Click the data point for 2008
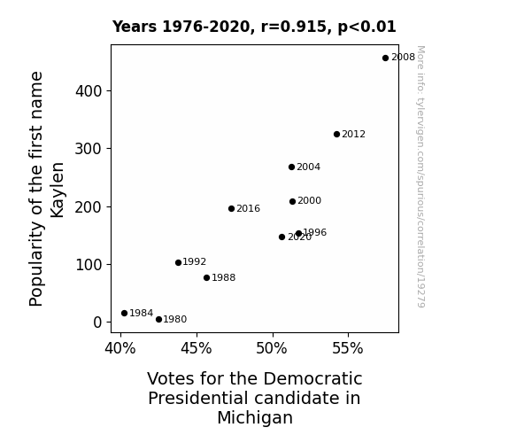[x=385, y=58]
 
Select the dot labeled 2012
[x=336, y=135]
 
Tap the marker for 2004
[x=291, y=167]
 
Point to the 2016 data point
[x=231, y=209]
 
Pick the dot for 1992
[x=178, y=262]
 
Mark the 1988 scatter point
[x=207, y=277]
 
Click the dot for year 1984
[x=124, y=314]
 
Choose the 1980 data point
[x=158, y=320]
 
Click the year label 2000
[x=309, y=200]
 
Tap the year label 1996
[x=315, y=232]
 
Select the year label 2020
[x=299, y=237]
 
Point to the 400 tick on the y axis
[x=89, y=91]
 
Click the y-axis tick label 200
[x=89, y=207]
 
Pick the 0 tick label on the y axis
[x=97, y=323]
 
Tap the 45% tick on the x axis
[x=197, y=348]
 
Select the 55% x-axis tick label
[x=348, y=348]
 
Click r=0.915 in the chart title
[x=295, y=27]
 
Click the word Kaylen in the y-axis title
[x=58, y=190]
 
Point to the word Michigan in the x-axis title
[x=255, y=417]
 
